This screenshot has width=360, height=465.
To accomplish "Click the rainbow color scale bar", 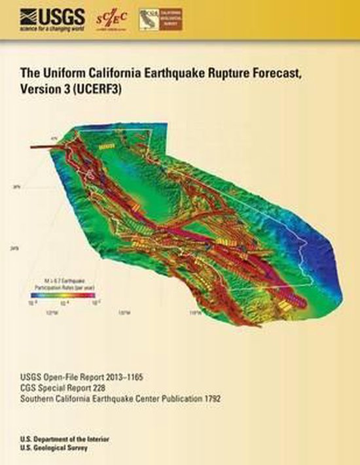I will [x=64, y=296].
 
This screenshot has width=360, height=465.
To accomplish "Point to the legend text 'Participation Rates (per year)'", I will [x=64, y=286].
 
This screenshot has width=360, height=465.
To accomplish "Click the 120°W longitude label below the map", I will [x=120, y=313].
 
